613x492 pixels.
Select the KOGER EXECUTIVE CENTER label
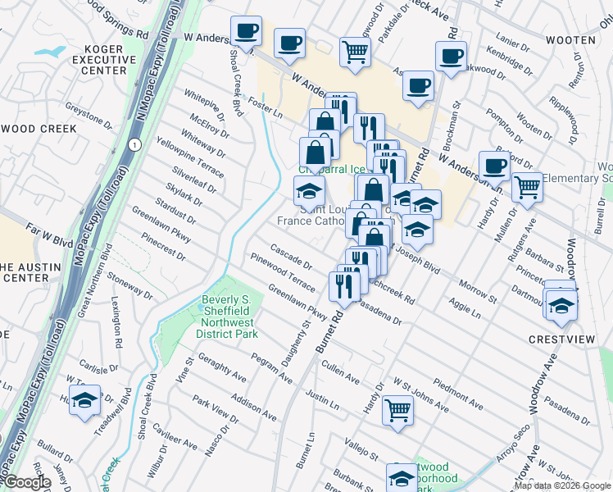[x=109, y=60]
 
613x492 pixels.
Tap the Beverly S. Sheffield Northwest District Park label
[x=230, y=317]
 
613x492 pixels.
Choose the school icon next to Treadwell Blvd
[x=84, y=401]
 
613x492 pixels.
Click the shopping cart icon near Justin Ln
[x=398, y=409]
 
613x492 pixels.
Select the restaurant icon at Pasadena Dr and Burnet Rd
[x=343, y=286]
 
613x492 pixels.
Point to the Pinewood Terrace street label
[x=284, y=274]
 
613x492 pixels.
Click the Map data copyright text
[x=562, y=485]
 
